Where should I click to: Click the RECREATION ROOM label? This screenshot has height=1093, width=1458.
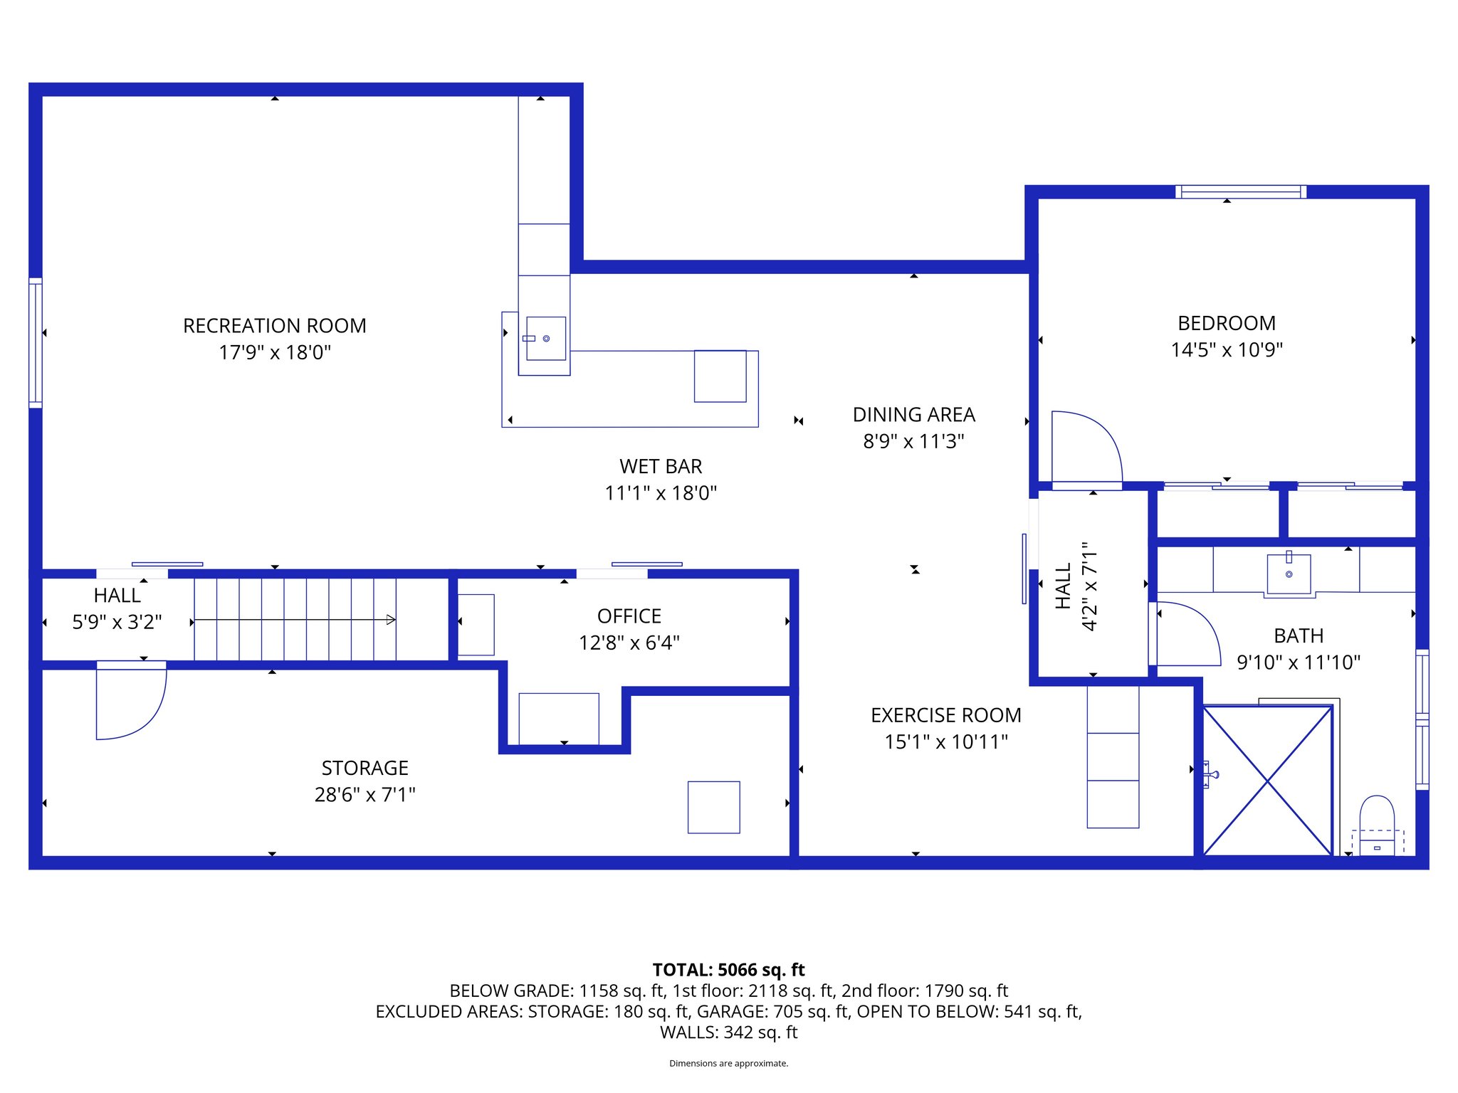click(x=274, y=326)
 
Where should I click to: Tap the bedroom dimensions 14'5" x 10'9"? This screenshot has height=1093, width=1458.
click(x=1227, y=350)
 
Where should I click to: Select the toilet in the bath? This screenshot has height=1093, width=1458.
click(x=1377, y=825)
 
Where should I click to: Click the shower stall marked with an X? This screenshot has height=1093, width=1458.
click(x=1267, y=781)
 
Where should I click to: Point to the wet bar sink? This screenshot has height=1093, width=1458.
click(x=546, y=339)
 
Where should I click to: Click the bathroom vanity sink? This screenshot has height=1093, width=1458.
click(x=1289, y=574)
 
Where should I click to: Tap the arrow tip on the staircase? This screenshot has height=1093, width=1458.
click(x=391, y=620)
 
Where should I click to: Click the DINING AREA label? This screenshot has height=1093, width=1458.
click(x=913, y=415)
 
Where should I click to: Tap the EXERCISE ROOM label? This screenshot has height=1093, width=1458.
click(x=945, y=715)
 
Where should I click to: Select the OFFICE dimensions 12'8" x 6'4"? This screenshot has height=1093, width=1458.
click(x=629, y=643)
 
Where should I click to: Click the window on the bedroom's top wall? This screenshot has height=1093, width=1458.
click(x=1240, y=191)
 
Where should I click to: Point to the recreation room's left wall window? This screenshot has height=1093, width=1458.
click(x=36, y=343)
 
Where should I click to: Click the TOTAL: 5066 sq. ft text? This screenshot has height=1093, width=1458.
click(x=728, y=970)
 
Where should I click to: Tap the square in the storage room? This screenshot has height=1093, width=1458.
click(x=713, y=807)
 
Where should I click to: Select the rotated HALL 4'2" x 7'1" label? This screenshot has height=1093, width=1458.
click(x=1076, y=586)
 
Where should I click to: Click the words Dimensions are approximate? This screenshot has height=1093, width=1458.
click(x=728, y=1063)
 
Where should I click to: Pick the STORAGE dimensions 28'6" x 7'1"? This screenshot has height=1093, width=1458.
click(x=364, y=795)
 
